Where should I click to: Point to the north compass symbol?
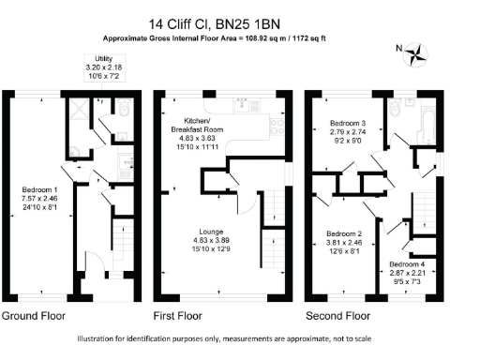point(412,51)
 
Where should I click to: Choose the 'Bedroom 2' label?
point(343,233)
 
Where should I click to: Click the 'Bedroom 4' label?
point(407,264)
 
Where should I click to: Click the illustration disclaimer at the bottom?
point(240,339)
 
